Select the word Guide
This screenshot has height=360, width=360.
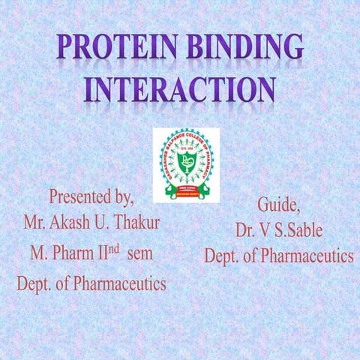[277, 204]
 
